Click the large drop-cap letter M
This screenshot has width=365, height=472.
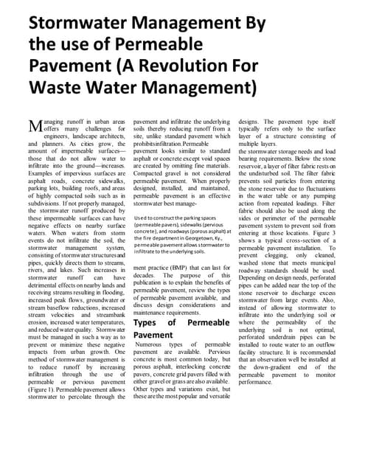click(x=35, y=125)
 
